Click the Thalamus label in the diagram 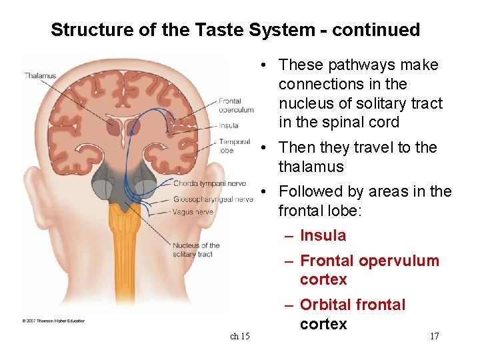(x=40, y=75)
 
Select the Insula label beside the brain (x=227, y=125)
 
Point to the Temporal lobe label (x=234, y=145)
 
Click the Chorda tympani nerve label (x=209, y=183)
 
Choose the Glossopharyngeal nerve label (x=212, y=199)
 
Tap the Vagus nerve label (x=193, y=212)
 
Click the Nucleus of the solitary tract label (x=196, y=249)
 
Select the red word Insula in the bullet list (x=323, y=235)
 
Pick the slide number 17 (x=434, y=336)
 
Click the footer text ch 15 (x=240, y=336)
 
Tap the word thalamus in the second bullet (x=311, y=167)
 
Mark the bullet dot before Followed (x=265, y=192)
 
